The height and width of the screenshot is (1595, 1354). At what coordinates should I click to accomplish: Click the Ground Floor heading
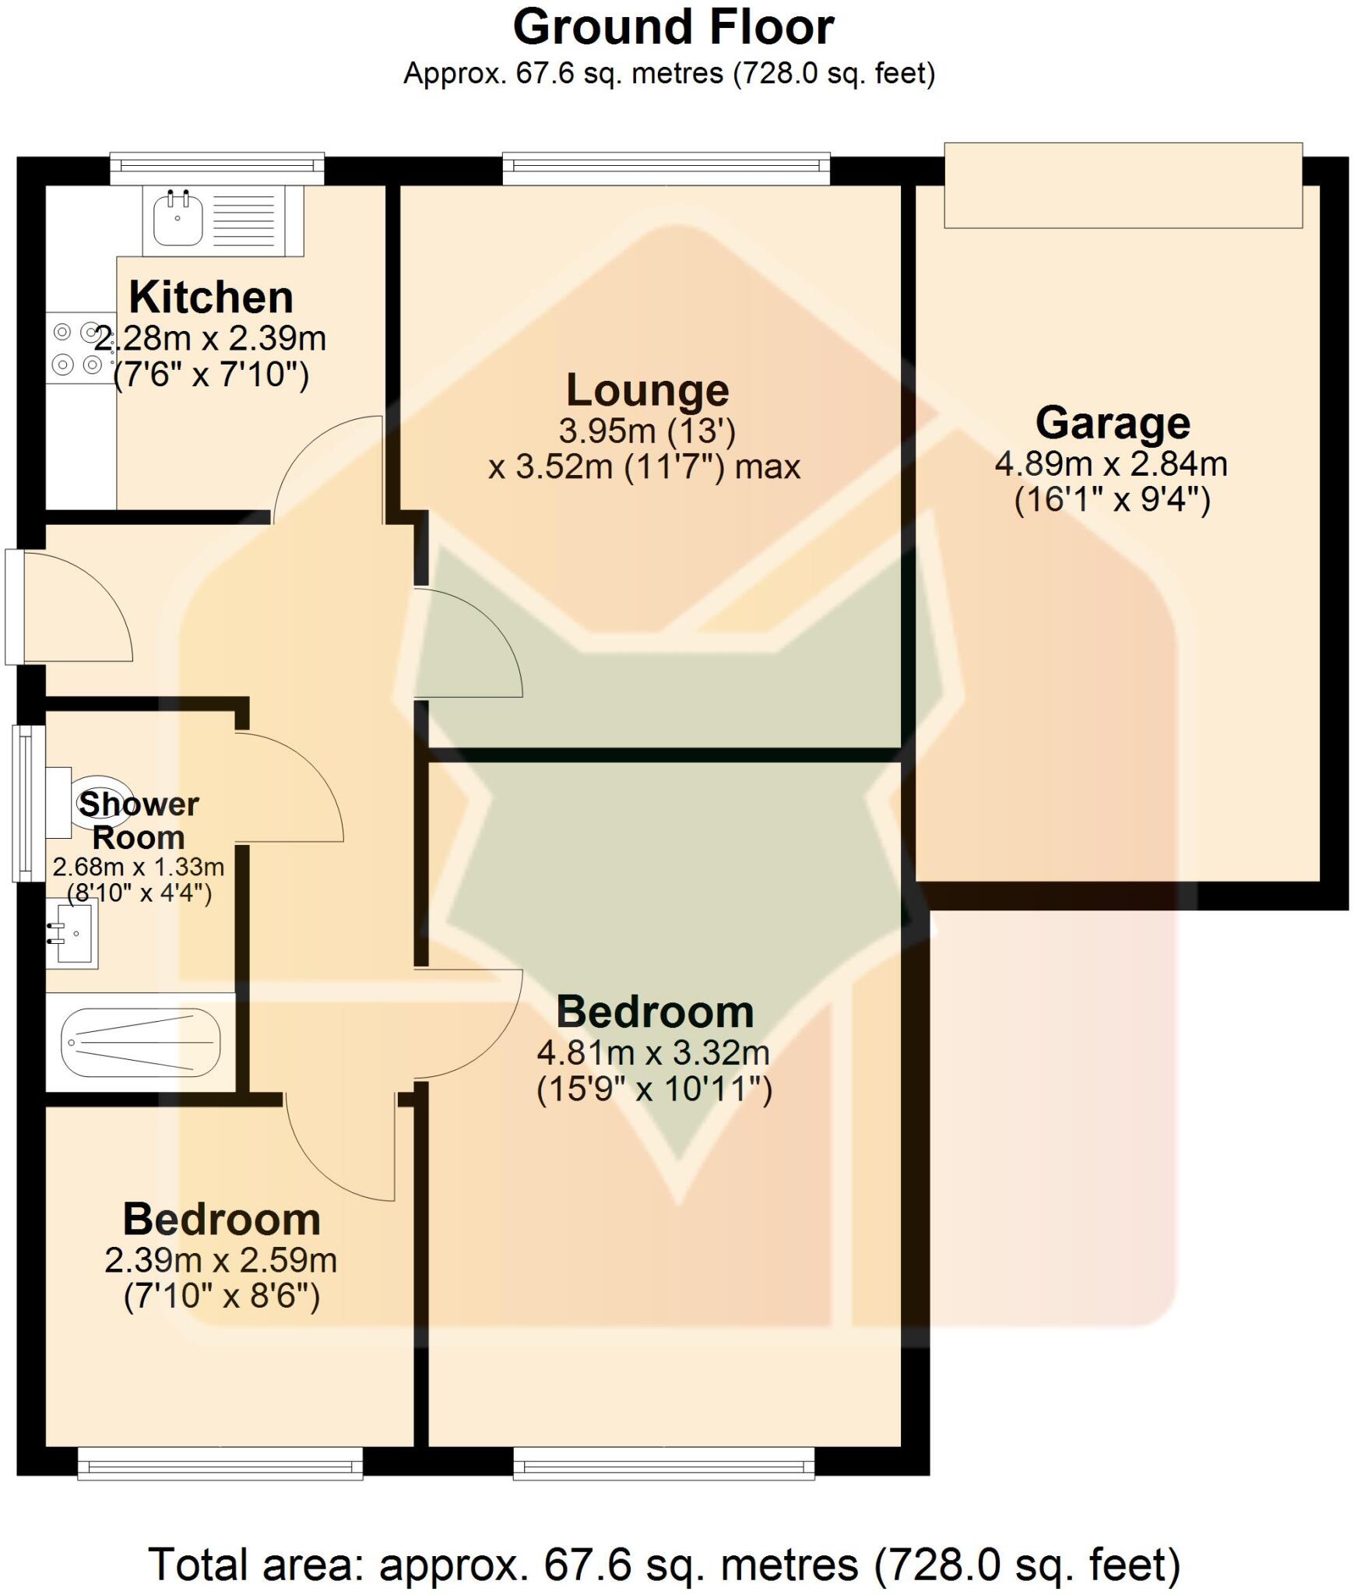[x=673, y=28]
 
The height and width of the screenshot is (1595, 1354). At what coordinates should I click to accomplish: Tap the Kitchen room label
[x=211, y=298]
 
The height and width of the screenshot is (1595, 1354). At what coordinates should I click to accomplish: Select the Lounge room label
[x=647, y=390]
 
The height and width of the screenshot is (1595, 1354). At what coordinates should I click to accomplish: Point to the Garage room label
[x=1112, y=424]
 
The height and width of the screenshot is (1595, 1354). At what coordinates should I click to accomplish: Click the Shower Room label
[x=139, y=821]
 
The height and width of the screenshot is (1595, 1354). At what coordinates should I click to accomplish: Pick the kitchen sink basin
[x=178, y=220]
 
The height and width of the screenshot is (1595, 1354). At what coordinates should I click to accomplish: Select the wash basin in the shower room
[x=72, y=933]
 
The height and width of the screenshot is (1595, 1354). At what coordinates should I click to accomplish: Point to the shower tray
[x=140, y=1041]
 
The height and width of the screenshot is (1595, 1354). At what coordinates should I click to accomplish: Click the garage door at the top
[x=1122, y=185]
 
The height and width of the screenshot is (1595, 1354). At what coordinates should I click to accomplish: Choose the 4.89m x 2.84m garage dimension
[x=1111, y=465]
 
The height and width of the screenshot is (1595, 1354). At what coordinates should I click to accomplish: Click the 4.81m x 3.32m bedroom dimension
[x=653, y=1054]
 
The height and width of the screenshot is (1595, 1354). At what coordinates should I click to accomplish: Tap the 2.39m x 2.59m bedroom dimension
[x=221, y=1261]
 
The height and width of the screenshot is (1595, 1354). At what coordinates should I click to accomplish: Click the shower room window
[x=28, y=803]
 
